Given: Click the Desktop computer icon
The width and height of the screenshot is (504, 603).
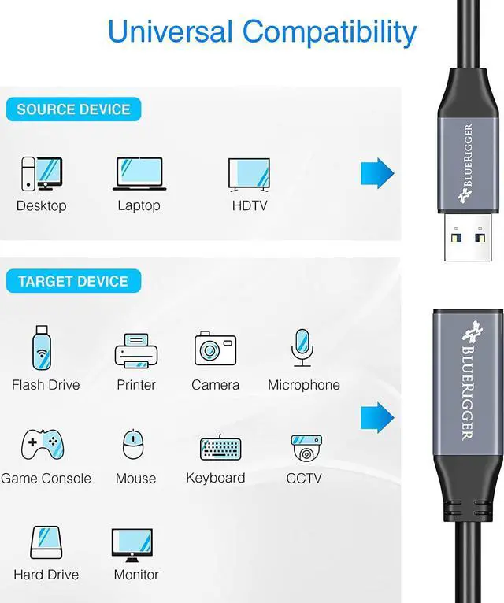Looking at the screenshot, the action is pos(41,174).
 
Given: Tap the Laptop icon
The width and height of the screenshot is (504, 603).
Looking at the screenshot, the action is pos(139,174).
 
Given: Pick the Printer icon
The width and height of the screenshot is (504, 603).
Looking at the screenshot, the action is pos(136,350).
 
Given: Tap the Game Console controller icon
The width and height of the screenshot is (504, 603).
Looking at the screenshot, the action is pos(43,446).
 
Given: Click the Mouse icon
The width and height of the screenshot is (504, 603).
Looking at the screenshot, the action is pos(135,446).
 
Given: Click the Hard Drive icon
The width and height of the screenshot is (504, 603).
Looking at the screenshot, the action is pos(45,542).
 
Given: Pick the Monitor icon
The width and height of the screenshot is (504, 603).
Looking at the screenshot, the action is pos(132,544).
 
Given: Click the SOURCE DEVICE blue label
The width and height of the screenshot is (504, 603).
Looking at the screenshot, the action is pos(73,109).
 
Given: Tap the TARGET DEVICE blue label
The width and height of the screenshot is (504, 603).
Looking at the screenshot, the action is pos(73,281).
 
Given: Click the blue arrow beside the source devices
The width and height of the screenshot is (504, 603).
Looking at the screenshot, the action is pos(376,173).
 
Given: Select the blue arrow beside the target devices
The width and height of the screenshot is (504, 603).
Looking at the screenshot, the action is pos(376,417).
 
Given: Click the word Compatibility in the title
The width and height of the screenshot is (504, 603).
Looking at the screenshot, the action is pos(329,31).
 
